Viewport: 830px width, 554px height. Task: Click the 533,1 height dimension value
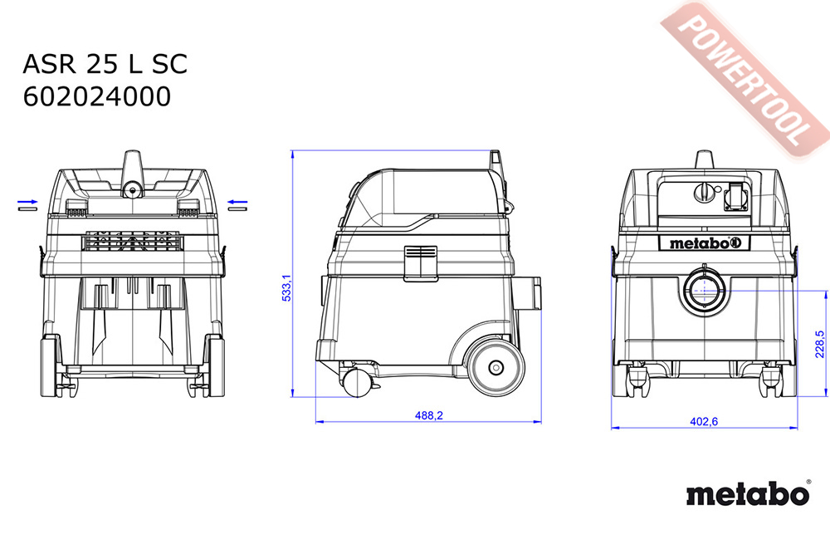tap(286, 288)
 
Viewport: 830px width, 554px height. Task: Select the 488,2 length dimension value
tap(429, 416)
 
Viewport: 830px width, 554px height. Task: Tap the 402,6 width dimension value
tap(704, 422)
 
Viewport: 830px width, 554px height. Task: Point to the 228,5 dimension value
tap(820, 344)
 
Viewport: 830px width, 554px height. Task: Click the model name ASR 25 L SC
tap(105, 64)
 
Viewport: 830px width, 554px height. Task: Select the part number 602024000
tap(97, 97)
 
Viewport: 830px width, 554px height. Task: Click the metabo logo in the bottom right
tap(748, 495)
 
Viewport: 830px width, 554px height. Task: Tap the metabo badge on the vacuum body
tap(705, 243)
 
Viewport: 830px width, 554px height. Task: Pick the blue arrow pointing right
tap(27, 202)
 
